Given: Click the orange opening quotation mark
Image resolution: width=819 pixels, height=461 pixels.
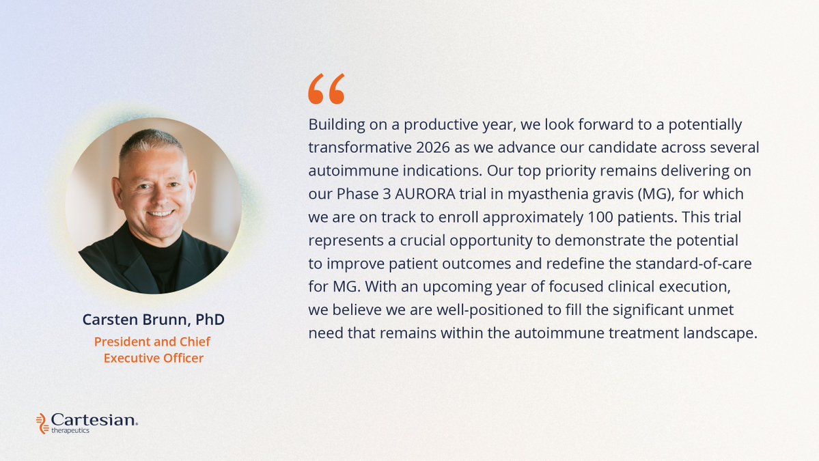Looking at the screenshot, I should tap(327, 89).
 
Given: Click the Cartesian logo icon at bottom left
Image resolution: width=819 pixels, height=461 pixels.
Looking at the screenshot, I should tap(42, 423).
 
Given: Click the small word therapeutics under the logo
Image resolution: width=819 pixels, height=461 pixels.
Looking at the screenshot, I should tap(70, 431).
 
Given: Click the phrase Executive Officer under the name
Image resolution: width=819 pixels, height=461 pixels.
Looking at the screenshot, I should tap(153, 358).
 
